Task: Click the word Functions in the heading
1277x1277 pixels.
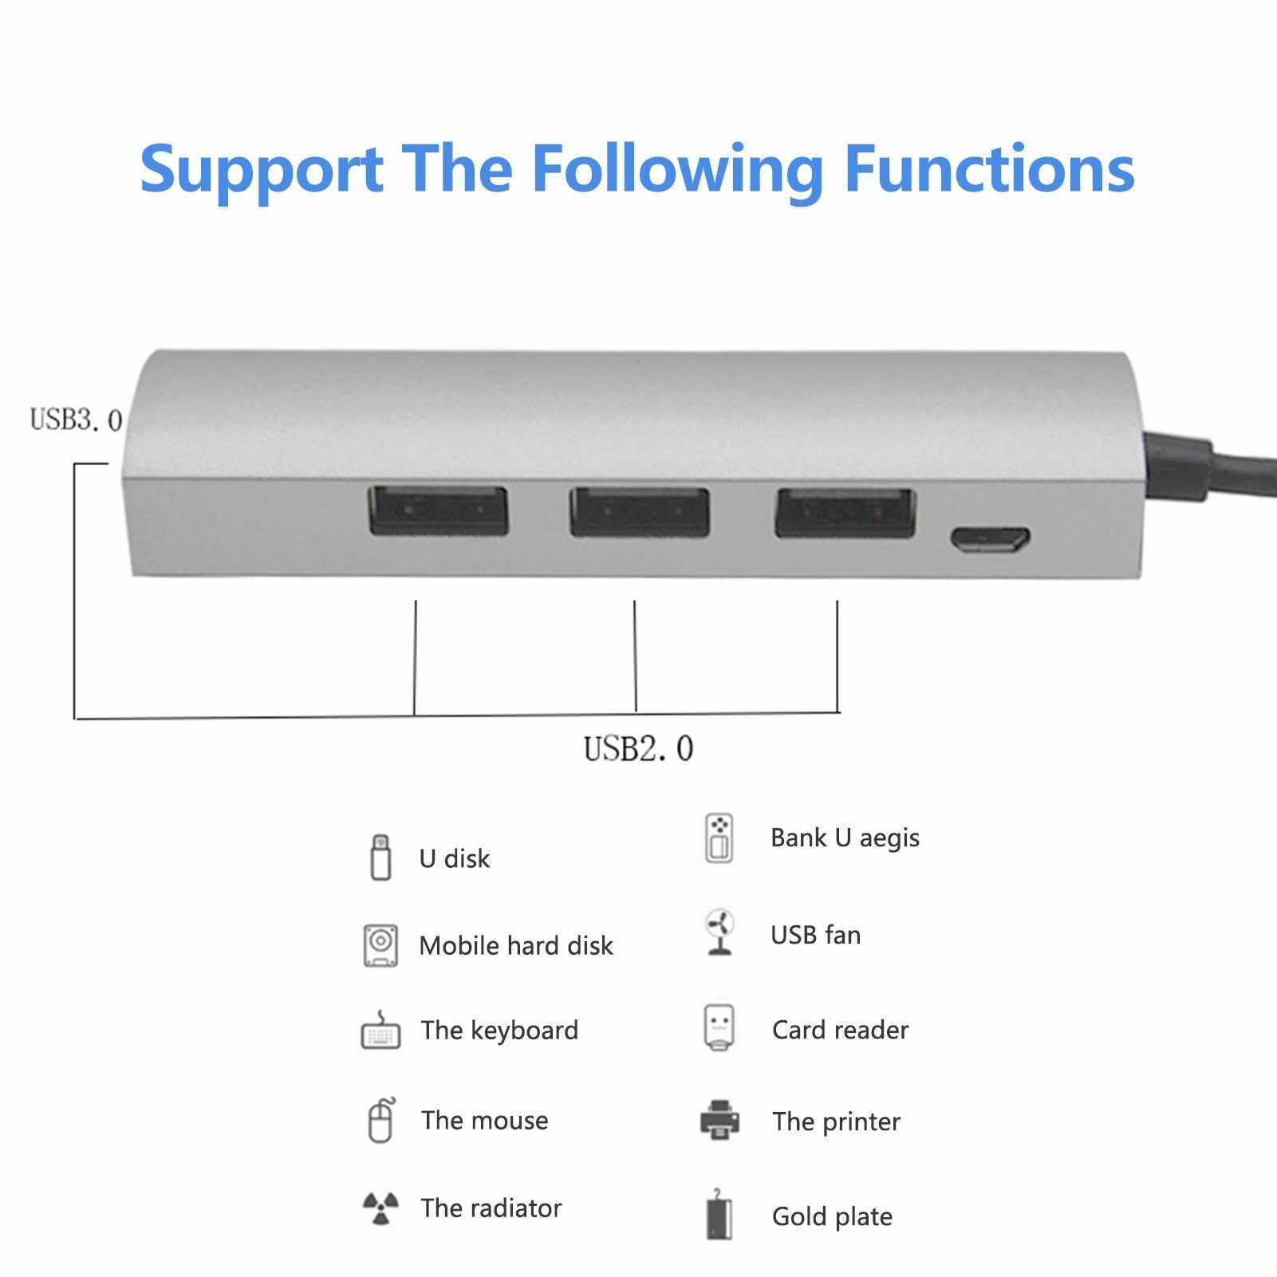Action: [x=989, y=168]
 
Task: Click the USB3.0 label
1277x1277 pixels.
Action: [x=76, y=420]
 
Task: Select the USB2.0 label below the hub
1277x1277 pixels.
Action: [x=639, y=748]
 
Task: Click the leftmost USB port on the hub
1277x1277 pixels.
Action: [x=438, y=510]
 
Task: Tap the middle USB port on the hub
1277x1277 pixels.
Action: [x=640, y=511]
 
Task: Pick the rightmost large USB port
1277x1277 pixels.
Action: [x=845, y=512]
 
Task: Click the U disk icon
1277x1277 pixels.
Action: [x=381, y=857]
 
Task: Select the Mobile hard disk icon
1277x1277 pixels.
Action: [x=380, y=945]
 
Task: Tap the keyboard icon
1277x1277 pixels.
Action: [x=380, y=1030]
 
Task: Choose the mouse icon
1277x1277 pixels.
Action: [x=381, y=1121]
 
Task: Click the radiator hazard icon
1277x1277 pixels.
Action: [x=380, y=1208]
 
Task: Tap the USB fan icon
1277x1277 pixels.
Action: [x=719, y=932]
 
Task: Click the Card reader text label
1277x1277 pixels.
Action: [x=840, y=1030]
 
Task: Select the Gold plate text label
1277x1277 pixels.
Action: [x=832, y=1217]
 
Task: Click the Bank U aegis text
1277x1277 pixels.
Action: [x=845, y=838]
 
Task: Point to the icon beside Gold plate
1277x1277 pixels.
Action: [x=719, y=1215]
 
